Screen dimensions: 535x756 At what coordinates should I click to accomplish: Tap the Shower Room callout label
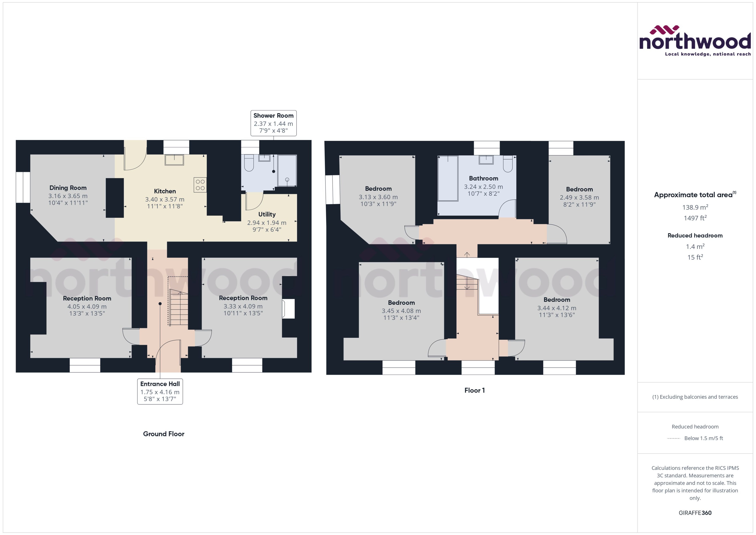click(273, 123)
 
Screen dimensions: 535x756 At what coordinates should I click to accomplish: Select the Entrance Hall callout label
click(160, 391)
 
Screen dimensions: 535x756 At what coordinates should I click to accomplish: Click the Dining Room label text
click(68, 188)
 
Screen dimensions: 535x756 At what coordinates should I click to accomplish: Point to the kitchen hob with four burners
click(200, 185)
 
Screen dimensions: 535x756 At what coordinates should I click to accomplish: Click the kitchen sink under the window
click(174, 160)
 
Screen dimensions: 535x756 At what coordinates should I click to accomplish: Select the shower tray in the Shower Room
click(287, 171)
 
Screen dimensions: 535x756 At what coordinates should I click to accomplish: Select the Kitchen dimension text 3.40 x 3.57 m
click(165, 199)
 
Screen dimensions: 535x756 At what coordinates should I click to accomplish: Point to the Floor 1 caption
click(474, 390)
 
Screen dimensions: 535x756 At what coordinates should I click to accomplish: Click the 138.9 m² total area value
click(695, 207)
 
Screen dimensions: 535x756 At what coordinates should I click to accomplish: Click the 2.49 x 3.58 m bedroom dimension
click(579, 197)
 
